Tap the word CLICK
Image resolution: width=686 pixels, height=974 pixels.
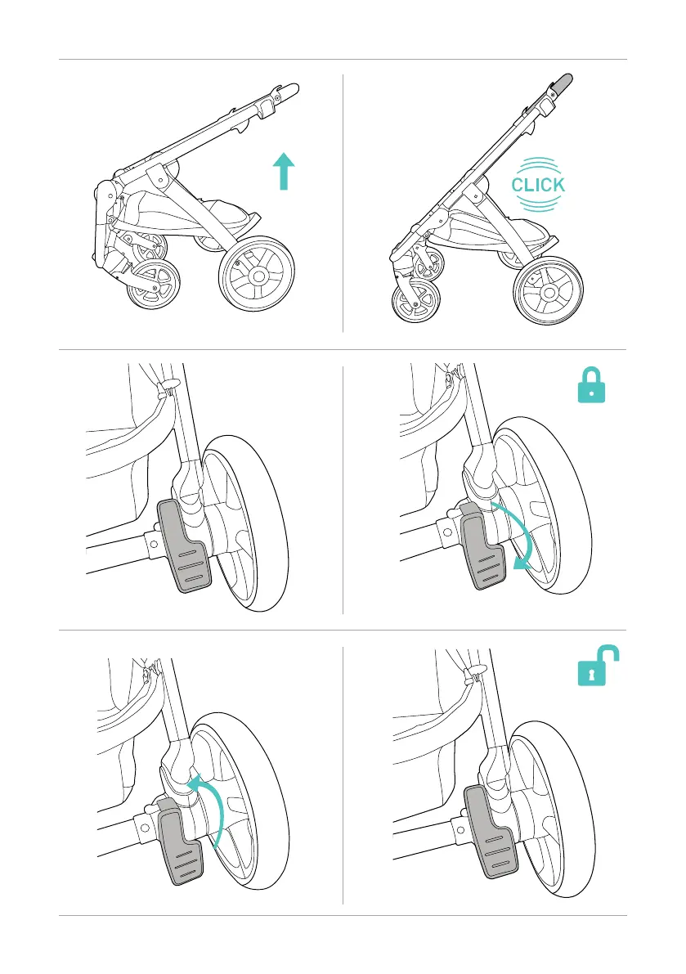click(537, 185)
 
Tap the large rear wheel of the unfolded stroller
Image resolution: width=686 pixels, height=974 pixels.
click(549, 291)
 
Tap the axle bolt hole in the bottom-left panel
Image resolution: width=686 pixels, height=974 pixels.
click(145, 827)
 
